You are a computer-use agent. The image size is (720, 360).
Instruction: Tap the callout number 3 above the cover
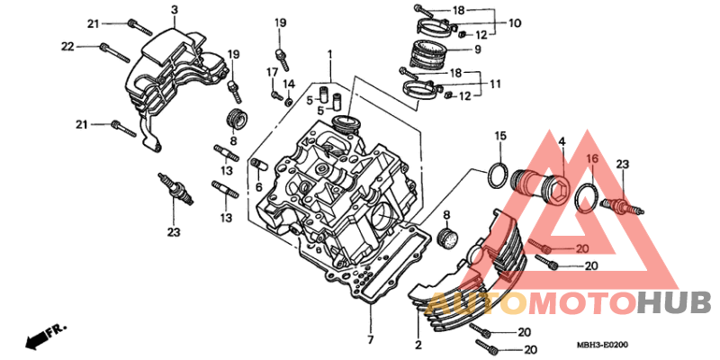[175, 9]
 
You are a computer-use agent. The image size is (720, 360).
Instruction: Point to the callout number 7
[370, 339]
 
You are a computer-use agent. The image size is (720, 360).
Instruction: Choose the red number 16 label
[591, 158]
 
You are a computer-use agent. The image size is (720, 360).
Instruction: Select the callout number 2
[418, 345]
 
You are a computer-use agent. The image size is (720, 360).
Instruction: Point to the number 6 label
[258, 186]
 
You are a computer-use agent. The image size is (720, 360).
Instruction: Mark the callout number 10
[514, 22]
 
